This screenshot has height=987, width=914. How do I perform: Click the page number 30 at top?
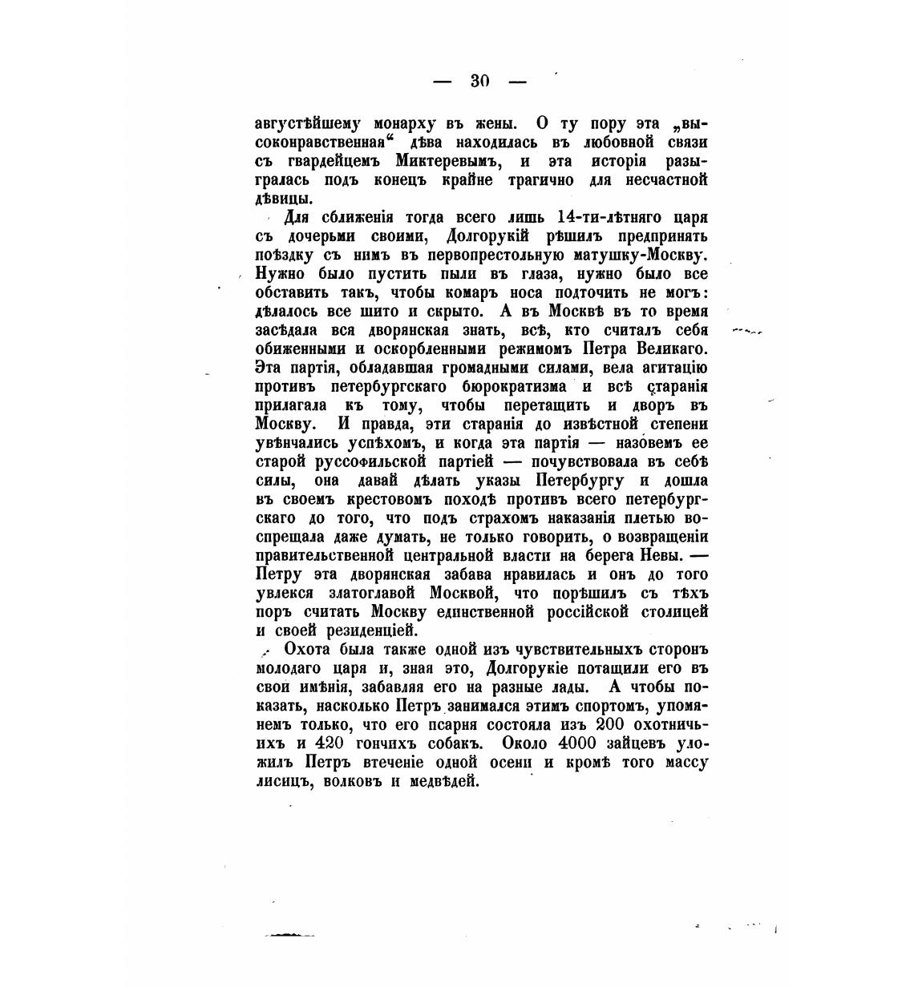tap(479, 80)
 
